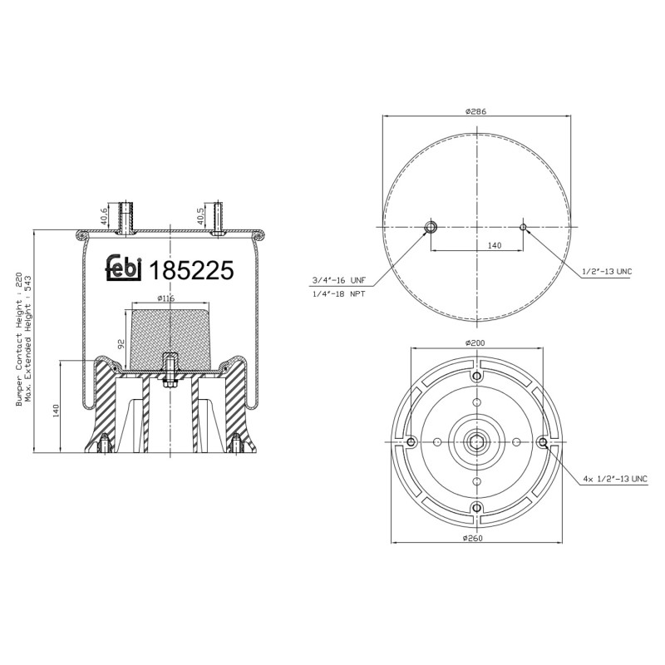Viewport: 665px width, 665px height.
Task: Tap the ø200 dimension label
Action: [x=475, y=343]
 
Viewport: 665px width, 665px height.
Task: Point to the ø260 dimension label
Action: [x=475, y=538]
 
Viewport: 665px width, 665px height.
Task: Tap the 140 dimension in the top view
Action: [x=494, y=245]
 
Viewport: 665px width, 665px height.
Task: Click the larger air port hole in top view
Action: [x=431, y=228]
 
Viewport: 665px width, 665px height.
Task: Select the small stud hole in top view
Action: [x=523, y=227]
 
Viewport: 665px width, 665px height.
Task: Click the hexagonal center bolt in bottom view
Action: [x=475, y=441]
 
